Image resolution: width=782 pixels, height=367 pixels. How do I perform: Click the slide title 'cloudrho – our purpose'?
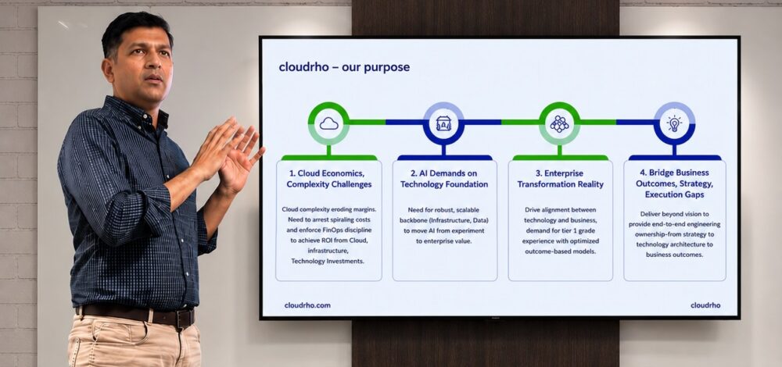(344, 66)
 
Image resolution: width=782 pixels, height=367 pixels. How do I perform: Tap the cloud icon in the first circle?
(328, 123)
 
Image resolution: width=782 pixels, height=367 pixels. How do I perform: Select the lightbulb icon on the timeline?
(674, 123)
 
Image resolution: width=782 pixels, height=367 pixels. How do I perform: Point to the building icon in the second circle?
(443, 123)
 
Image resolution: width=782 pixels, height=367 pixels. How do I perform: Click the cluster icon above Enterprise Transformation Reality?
(559, 123)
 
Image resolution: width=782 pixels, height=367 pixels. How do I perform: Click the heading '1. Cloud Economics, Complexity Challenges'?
(329, 179)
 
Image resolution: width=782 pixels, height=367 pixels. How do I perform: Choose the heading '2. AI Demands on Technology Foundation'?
(444, 179)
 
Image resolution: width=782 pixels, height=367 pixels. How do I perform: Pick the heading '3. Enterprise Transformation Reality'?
(560, 179)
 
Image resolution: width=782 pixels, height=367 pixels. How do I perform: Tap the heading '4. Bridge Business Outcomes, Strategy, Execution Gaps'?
(674, 183)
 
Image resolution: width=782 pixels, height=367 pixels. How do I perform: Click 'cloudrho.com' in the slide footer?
(307, 305)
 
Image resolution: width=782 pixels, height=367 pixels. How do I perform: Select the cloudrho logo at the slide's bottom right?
(705, 305)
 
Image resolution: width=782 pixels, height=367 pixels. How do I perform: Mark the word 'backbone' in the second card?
(412, 220)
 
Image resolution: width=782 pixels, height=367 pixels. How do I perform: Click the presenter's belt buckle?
(185, 318)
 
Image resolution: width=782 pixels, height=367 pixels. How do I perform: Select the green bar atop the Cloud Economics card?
(329, 158)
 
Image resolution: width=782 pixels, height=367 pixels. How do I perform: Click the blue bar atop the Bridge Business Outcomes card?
(675, 158)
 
